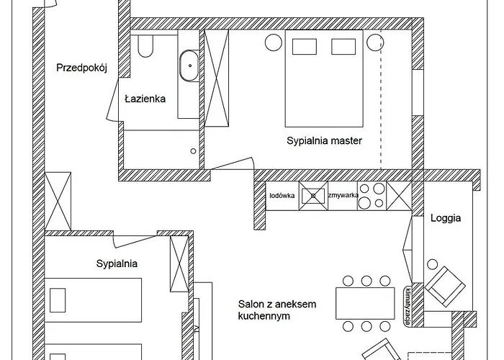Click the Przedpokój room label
click(81, 68)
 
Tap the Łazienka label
click(145, 99)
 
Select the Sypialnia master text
click(324, 141)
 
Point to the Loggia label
click(446, 218)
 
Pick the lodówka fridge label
click(282, 195)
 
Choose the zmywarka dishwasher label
click(343, 195)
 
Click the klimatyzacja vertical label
click(408, 305)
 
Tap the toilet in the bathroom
click(145, 46)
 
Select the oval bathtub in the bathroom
click(189, 66)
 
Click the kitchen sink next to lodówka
click(313, 196)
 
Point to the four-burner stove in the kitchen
click(372, 196)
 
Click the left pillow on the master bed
click(305, 47)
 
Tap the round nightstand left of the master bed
click(274, 42)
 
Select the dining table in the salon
click(365, 303)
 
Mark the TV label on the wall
click(196, 329)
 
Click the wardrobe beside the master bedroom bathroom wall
click(216, 78)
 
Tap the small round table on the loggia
click(432, 264)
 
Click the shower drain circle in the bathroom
click(193, 150)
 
